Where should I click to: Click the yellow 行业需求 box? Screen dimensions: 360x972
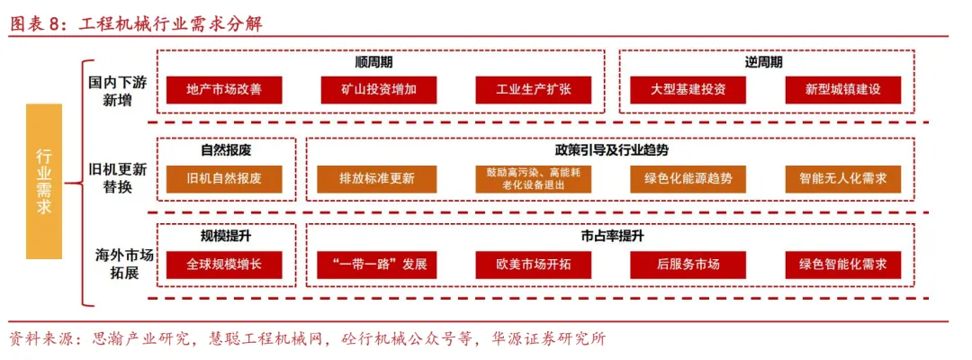click(44, 182)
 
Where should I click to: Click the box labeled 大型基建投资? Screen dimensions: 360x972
click(688, 90)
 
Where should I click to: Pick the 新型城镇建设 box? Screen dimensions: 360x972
click(842, 90)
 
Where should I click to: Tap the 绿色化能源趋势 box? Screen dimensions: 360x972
click(688, 178)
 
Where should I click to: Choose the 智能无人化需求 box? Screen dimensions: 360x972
click(842, 178)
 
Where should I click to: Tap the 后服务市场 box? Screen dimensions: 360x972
click(688, 265)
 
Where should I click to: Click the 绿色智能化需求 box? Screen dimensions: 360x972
click(842, 265)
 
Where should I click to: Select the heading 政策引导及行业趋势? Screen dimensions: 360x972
click(611, 149)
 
